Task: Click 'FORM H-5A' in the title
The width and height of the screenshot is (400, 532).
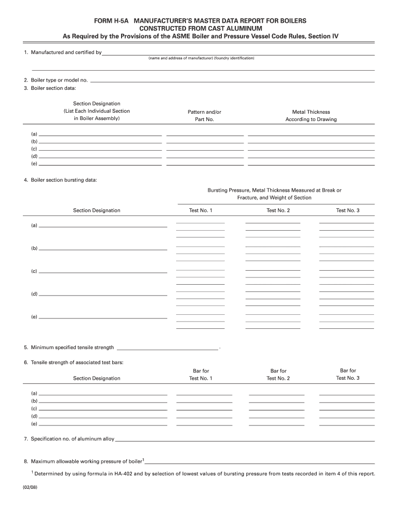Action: (111, 21)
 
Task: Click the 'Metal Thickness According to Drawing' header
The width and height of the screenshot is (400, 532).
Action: (311, 115)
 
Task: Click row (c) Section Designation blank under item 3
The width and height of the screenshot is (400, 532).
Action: (100, 149)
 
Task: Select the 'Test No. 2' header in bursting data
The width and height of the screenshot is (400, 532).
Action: (278, 210)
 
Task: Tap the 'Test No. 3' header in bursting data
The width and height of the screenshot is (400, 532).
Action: (348, 210)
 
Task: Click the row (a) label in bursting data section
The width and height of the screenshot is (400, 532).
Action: (34, 225)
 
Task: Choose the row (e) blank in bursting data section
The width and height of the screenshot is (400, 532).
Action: (103, 317)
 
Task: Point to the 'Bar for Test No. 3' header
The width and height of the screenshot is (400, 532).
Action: (348, 374)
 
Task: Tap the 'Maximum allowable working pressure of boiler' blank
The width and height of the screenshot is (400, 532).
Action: (260, 462)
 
